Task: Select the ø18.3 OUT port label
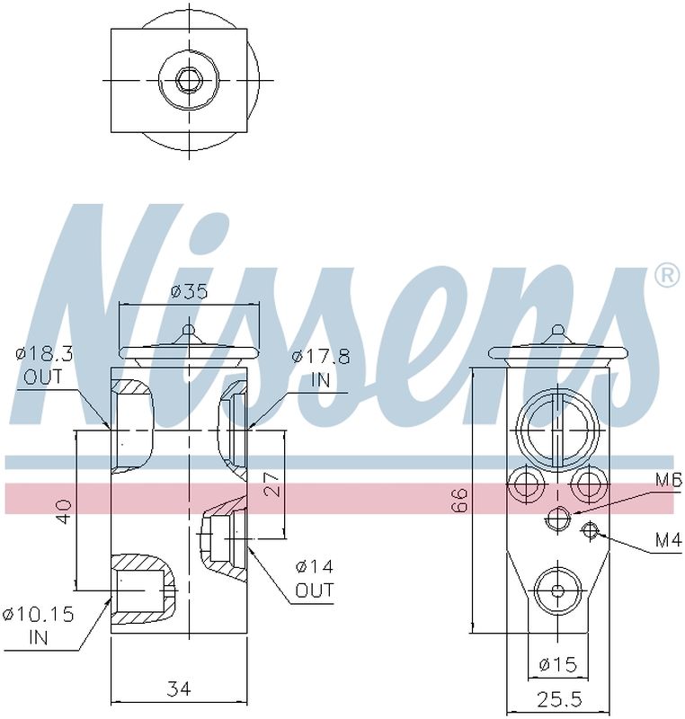tap(44, 366)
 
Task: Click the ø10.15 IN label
tap(39, 626)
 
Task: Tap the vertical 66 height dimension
tap(458, 500)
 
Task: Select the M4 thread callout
tap(667, 541)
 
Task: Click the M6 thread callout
tap(668, 482)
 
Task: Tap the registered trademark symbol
tap(666, 276)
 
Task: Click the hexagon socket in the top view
tap(187, 81)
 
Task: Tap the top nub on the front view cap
tap(188, 333)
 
